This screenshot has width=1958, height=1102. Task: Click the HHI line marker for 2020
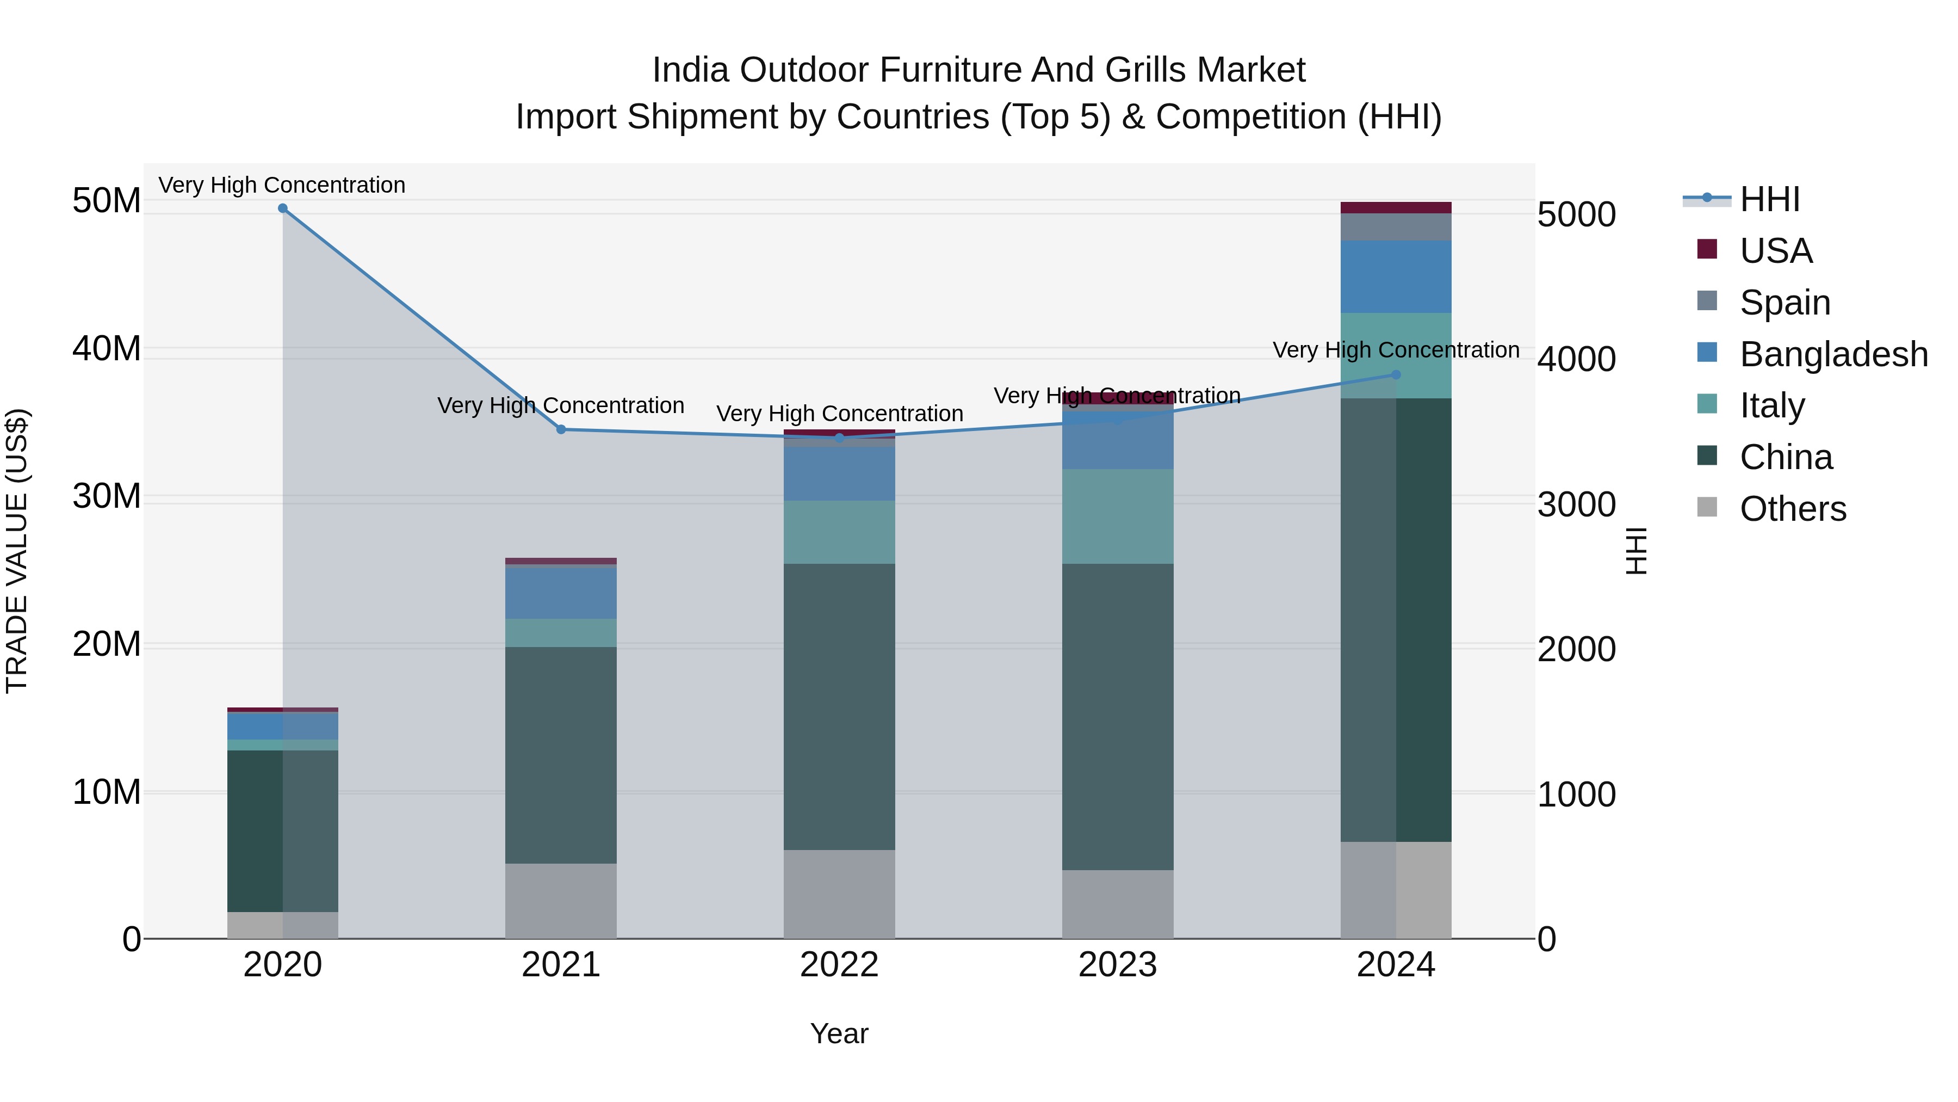(x=283, y=208)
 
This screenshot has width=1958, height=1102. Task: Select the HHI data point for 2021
(x=561, y=430)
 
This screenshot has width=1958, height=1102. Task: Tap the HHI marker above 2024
(x=1396, y=375)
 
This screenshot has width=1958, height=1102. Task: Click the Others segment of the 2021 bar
(x=561, y=901)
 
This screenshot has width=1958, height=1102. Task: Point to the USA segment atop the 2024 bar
(x=1396, y=208)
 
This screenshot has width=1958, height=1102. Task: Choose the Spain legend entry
(x=1784, y=303)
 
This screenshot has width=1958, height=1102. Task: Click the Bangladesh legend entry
(x=1832, y=354)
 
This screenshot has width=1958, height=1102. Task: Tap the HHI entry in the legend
(x=1769, y=199)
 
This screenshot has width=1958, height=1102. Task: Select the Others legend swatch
(x=1707, y=507)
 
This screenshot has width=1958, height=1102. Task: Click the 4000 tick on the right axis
(x=1576, y=360)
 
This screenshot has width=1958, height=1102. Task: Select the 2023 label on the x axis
(x=1117, y=965)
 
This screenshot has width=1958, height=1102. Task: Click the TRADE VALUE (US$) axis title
(x=17, y=551)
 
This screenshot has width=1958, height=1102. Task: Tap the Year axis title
(x=839, y=1033)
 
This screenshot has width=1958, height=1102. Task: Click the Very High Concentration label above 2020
(x=282, y=185)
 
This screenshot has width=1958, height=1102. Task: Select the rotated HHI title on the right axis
(x=1635, y=551)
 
